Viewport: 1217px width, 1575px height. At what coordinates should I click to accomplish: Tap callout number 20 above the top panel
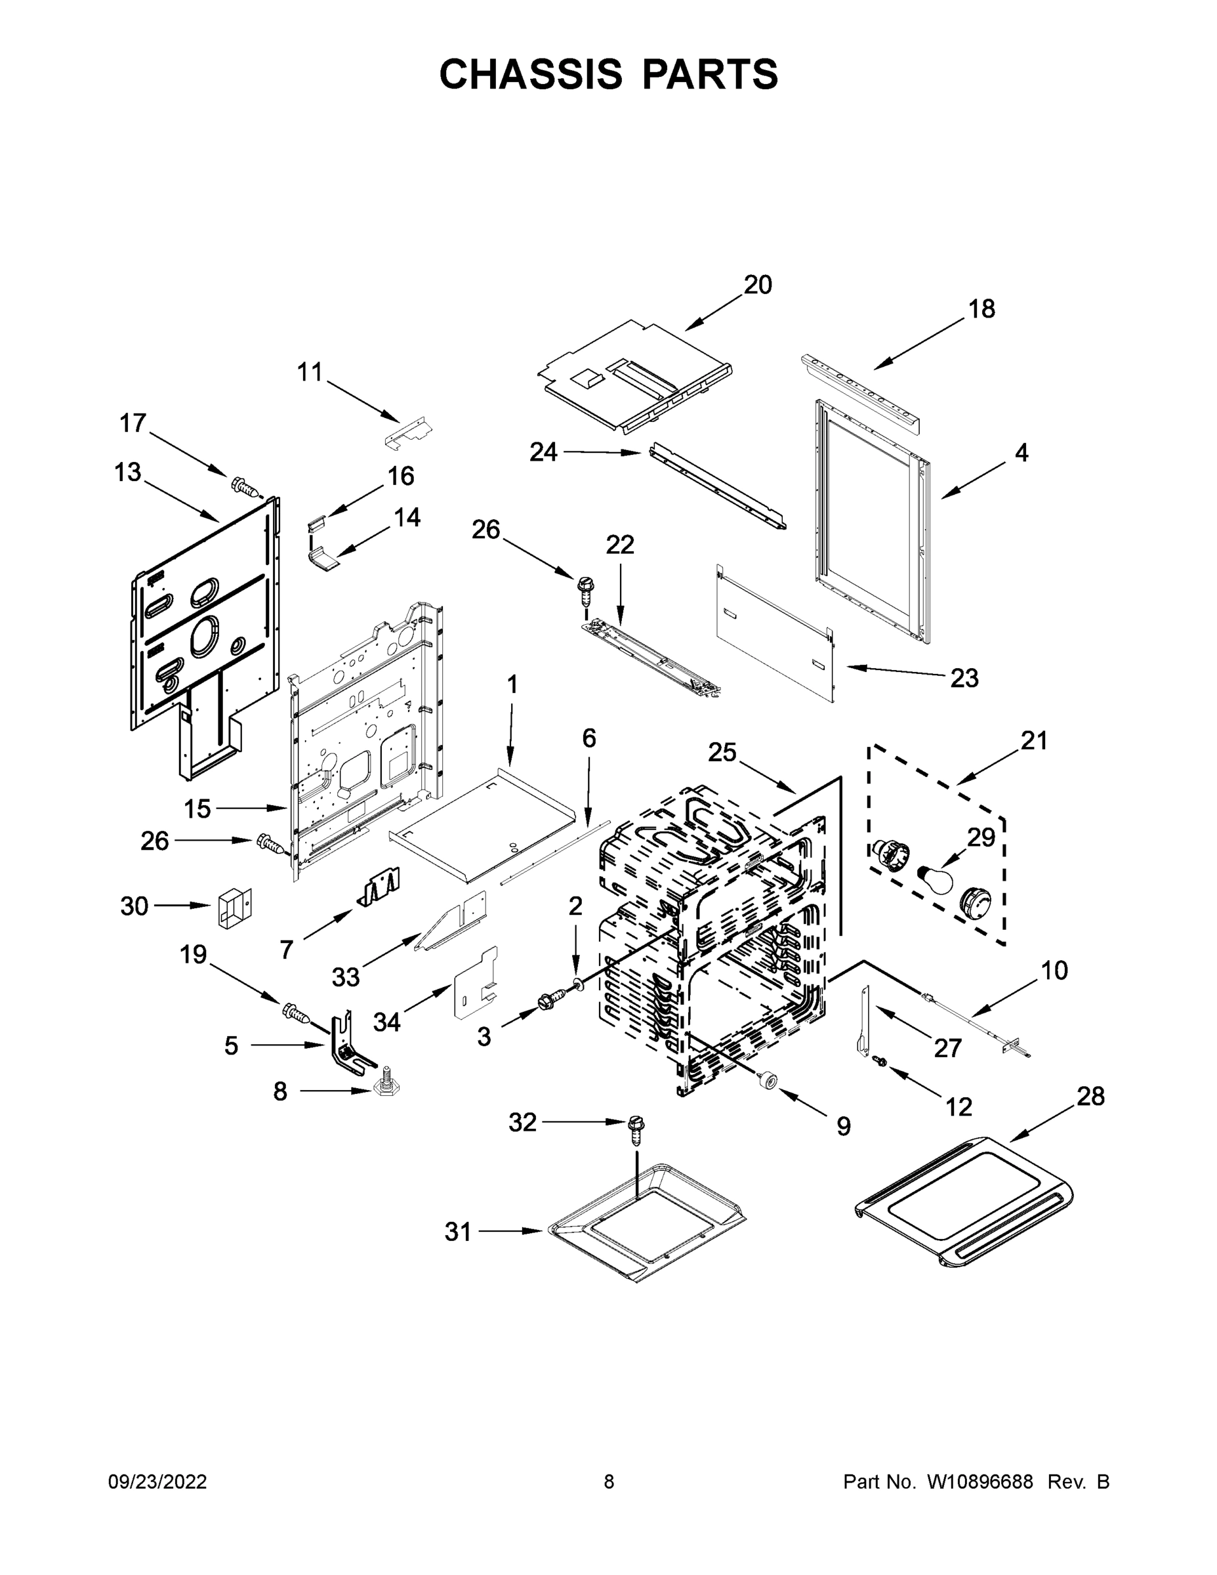point(758,285)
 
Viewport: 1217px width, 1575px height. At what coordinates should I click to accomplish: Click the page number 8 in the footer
point(609,1481)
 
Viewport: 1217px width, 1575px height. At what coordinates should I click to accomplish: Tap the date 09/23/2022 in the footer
point(157,1481)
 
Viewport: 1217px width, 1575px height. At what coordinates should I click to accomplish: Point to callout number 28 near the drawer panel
point(1090,1096)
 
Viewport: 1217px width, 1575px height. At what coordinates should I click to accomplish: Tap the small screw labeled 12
point(879,1080)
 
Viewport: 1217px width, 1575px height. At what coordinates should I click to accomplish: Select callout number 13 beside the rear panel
point(128,472)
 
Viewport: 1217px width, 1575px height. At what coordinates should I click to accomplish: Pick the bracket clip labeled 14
point(325,559)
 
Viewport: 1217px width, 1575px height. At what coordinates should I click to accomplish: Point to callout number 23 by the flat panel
point(964,678)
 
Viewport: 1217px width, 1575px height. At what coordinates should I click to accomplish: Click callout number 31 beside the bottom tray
point(458,1232)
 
